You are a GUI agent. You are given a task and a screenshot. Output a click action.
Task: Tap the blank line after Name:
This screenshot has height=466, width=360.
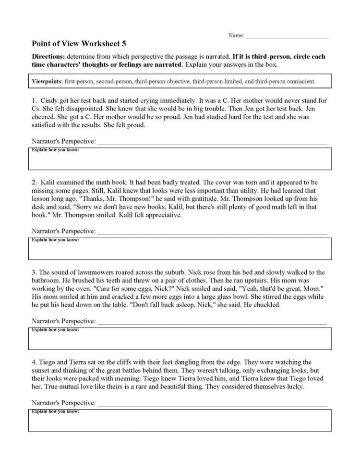click(287, 36)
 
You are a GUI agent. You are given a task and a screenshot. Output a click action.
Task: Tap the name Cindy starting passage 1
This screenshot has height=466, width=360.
click(47, 102)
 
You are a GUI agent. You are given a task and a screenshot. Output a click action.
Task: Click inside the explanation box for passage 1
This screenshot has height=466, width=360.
click(180, 161)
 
